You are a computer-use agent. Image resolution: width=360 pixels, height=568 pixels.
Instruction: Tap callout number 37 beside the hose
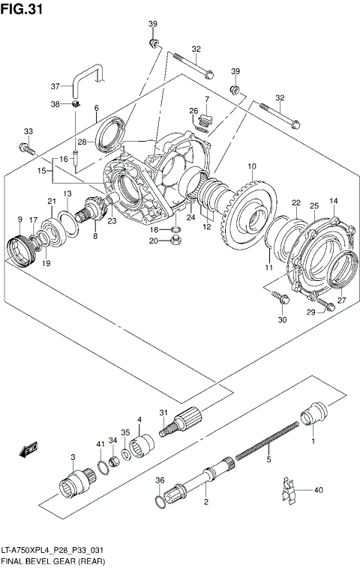tap(55, 85)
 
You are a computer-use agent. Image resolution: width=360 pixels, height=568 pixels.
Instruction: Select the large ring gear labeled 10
tap(252, 214)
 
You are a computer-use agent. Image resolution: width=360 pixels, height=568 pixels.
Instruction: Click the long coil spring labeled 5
tap(266, 442)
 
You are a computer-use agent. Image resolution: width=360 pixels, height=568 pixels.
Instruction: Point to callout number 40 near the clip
tap(318, 491)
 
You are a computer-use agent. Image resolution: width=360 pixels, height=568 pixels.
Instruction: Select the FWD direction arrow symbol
tap(29, 450)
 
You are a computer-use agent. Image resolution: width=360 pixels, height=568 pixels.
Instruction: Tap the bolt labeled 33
tap(29, 149)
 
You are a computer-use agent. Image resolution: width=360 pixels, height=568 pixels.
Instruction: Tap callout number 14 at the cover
tap(333, 201)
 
